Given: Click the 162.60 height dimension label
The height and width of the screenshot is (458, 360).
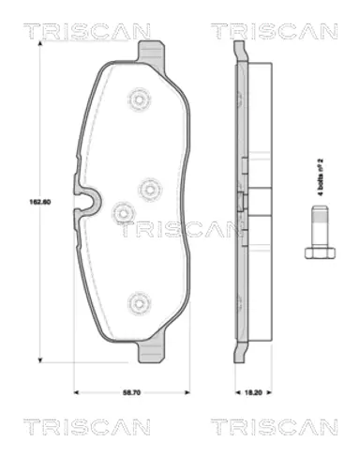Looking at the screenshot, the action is pyautogui.click(x=40, y=202).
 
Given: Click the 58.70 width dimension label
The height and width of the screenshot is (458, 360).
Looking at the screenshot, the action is pyautogui.click(x=132, y=392).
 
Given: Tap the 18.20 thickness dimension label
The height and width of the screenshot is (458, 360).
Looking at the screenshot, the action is pyautogui.click(x=253, y=392).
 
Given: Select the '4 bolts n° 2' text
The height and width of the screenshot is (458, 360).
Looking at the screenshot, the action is pyautogui.click(x=320, y=177).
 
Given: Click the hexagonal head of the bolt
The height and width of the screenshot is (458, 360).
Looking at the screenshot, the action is pyautogui.click(x=320, y=252).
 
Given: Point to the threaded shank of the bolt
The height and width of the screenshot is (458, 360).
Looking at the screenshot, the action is pyautogui.click(x=320, y=226).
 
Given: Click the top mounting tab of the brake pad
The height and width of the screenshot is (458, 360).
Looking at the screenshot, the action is pyautogui.click(x=151, y=52).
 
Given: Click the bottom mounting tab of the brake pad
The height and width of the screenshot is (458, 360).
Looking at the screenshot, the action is pyautogui.click(x=151, y=351).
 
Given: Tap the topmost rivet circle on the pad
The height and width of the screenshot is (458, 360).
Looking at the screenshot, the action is pyautogui.click(x=140, y=100).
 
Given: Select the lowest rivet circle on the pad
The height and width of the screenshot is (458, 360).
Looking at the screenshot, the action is pyautogui.click(x=139, y=303).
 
